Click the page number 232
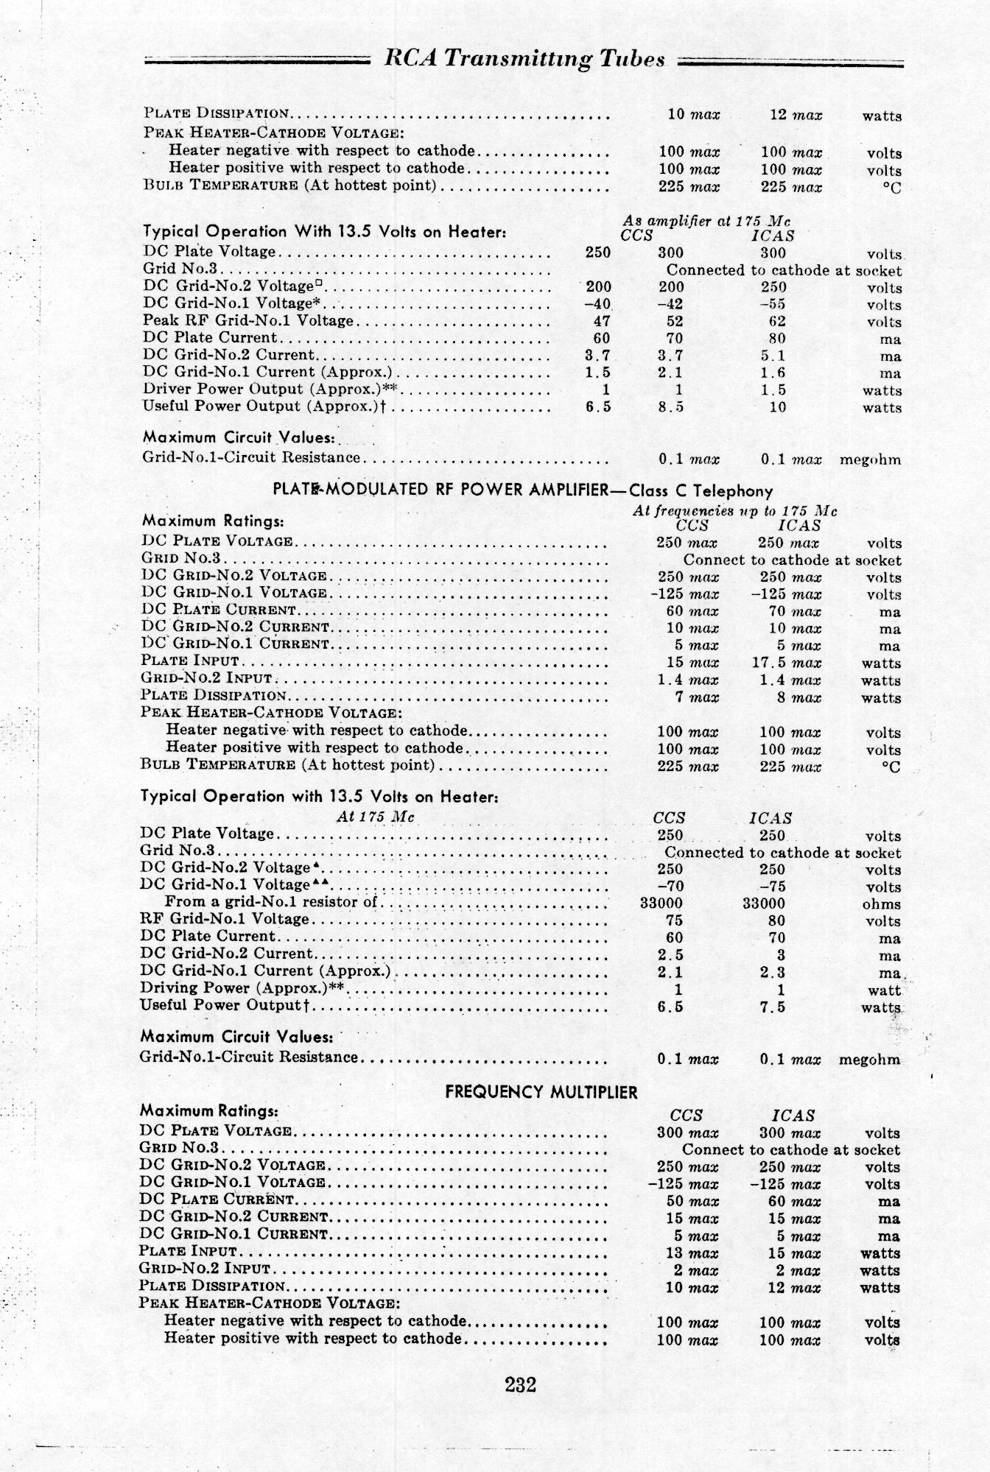(x=520, y=1384)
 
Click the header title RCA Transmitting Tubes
(x=525, y=60)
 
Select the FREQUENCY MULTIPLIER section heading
(x=541, y=1092)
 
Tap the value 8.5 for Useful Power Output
(x=670, y=406)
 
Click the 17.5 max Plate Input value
(x=786, y=663)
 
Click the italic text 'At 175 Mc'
(x=375, y=817)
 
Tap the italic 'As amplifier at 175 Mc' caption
(x=707, y=221)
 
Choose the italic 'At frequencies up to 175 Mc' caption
(x=734, y=510)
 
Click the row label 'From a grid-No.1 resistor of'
(x=270, y=902)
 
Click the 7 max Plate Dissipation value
(x=696, y=697)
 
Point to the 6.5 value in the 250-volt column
(x=598, y=406)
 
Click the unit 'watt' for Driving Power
(x=884, y=990)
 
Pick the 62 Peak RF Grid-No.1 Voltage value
(x=776, y=321)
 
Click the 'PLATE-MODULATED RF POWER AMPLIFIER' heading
(x=438, y=490)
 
